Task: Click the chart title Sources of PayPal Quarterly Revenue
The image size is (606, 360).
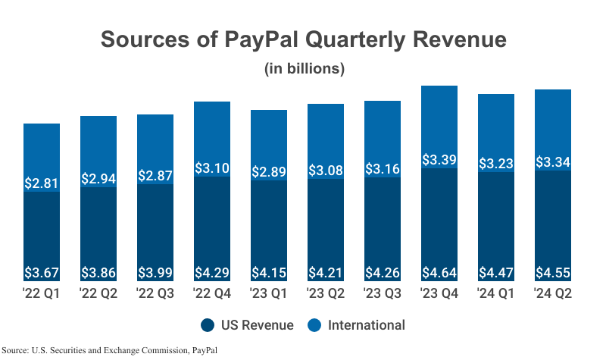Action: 303,39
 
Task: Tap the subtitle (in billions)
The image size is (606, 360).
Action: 305,68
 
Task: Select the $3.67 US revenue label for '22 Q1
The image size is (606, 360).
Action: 42,273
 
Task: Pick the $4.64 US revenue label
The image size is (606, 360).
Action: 439,273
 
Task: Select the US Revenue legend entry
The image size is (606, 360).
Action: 246,325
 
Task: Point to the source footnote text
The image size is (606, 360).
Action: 114,350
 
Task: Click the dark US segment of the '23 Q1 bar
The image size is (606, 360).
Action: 269,227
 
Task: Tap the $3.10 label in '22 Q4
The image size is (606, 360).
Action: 212,167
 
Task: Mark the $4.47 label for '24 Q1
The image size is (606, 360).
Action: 495,273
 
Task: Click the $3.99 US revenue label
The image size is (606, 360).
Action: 155,273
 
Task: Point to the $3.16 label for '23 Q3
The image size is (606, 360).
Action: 383,168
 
